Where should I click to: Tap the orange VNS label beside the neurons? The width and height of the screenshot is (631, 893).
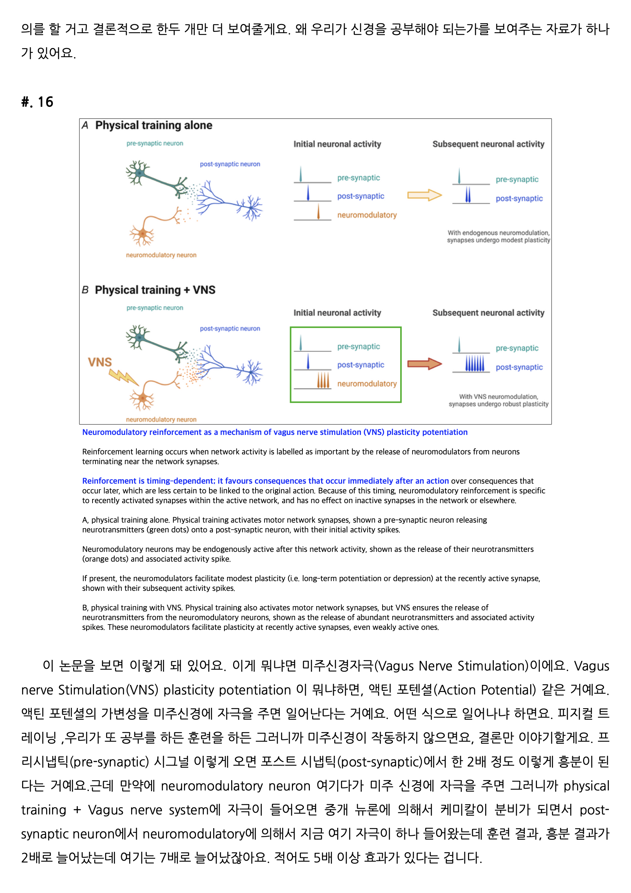[x=100, y=362]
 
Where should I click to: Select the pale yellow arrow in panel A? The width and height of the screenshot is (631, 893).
[x=424, y=195]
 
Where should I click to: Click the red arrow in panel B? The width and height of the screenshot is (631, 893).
[x=424, y=364]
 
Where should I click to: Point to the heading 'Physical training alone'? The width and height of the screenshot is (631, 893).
[x=154, y=125]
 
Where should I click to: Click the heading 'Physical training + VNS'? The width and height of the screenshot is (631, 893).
[x=155, y=290]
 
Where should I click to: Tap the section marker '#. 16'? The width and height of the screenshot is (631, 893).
[x=37, y=102]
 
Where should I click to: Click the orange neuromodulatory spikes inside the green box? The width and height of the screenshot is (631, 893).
[x=323, y=380]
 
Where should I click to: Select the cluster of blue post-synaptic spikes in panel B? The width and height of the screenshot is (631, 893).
[x=475, y=364]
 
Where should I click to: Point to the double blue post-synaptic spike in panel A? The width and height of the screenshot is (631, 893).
[x=468, y=195]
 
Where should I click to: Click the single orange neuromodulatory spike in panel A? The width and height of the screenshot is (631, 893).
[x=318, y=212]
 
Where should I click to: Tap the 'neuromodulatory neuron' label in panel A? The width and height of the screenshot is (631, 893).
[x=161, y=255]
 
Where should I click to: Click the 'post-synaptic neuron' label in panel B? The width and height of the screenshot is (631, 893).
[x=230, y=329]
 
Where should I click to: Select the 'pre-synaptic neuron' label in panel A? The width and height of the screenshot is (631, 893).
[x=155, y=143]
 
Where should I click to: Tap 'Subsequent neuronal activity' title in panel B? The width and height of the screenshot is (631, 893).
[x=488, y=313]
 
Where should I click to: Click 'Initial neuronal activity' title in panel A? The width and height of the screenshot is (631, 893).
[x=337, y=144]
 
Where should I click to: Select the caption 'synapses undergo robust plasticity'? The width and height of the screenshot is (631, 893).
[x=498, y=404]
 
